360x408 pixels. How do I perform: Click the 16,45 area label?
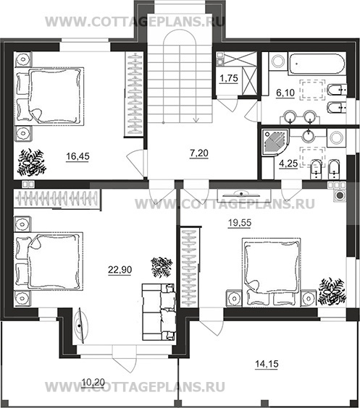tap(78, 156)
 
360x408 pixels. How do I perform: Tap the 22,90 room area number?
tap(120, 270)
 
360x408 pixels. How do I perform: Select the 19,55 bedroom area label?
tap(240, 223)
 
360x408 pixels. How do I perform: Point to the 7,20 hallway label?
tap(199, 153)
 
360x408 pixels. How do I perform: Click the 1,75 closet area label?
tap(229, 78)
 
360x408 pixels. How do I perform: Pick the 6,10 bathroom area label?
tap(285, 93)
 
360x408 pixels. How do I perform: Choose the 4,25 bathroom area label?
tap(288, 163)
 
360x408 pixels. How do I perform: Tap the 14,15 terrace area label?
tap(267, 364)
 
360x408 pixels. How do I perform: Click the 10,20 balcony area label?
tap(93, 382)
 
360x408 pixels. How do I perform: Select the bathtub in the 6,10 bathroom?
tap(317, 64)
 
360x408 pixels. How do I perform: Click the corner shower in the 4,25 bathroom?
tap(275, 142)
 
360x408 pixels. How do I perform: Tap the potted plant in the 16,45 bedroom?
tap(32, 162)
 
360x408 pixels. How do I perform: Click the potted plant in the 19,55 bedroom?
tap(332, 291)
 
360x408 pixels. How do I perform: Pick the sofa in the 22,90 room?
tap(158, 312)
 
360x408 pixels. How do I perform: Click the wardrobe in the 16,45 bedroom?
tap(133, 93)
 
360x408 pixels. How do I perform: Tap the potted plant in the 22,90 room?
tap(162, 267)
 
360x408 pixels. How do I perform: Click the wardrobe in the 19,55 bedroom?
tap(190, 267)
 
